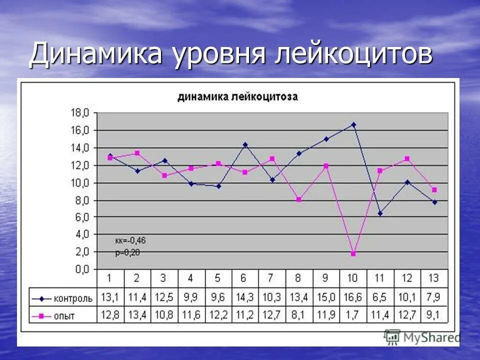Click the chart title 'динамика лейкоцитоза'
click(237, 97)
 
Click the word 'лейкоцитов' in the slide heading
click(353, 54)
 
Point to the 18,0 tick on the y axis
click(80, 113)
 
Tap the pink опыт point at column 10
click(353, 254)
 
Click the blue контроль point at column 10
click(353, 124)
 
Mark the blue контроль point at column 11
click(380, 213)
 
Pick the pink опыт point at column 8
click(299, 199)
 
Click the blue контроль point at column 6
click(245, 144)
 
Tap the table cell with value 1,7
click(353, 314)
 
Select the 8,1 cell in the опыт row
click(299, 314)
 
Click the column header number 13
click(434, 278)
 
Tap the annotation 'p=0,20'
click(127, 252)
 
